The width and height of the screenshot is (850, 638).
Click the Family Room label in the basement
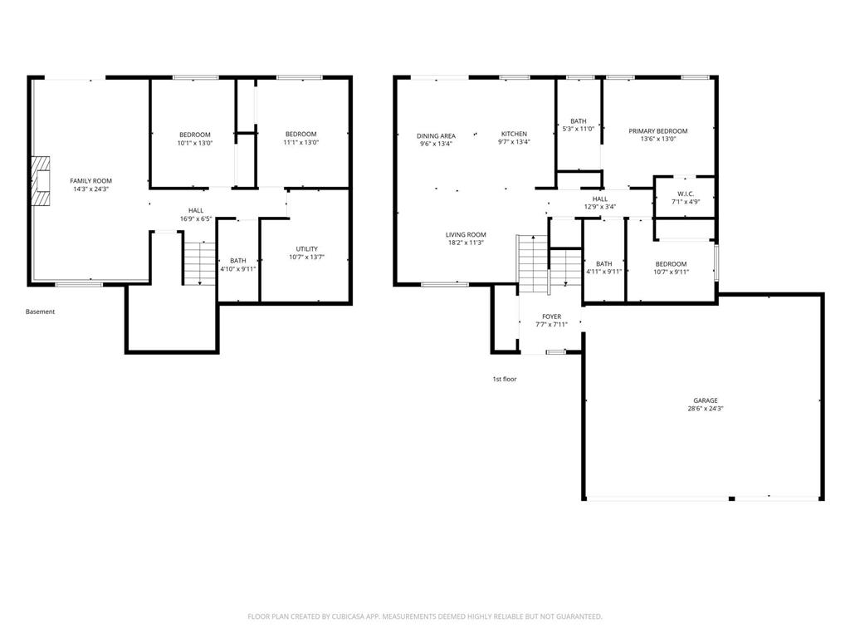click(x=91, y=181)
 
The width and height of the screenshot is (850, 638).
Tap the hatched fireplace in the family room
click(x=40, y=180)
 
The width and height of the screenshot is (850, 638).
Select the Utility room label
click(x=307, y=249)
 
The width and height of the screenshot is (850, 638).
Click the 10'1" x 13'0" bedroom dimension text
click(x=195, y=143)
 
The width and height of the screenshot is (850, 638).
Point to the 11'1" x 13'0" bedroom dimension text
click(x=300, y=143)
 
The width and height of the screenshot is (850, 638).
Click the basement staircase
click(x=199, y=263)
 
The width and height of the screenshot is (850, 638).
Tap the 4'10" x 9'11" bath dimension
click(x=238, y=269)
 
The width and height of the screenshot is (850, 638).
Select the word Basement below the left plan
click(x=40, y=312)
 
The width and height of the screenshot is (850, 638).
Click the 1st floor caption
click(x=505, y=379)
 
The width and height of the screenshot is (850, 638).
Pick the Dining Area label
click(x=437, y=136)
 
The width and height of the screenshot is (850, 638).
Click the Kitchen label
click(x=514, y=134)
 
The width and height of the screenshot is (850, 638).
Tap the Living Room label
click(x=466, y=235)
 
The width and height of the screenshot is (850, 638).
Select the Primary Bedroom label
click(x=658, y=131)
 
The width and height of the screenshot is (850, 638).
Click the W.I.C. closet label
click(x=686, y=194)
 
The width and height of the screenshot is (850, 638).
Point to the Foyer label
click(x=552, y=317)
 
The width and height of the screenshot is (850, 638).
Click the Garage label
click(x=706, y=401)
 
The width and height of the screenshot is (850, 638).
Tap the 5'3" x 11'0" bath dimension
click(x=579, y=129)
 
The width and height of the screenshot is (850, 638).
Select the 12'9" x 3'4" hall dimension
click(x=600, y=207)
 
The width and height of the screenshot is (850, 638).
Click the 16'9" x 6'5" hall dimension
click(x=196, y=219)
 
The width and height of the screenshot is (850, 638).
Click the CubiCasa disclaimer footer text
click(x=425, y=617)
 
